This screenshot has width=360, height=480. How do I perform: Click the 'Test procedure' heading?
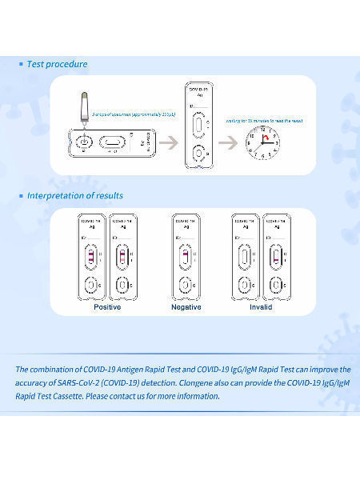coord(57,64)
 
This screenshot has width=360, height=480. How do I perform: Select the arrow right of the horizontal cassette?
coord(167,143)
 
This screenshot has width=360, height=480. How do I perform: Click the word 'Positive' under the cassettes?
coord(107,307)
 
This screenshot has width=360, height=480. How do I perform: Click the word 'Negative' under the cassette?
coord(186,307)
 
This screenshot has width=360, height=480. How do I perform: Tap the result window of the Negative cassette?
coord(186,257)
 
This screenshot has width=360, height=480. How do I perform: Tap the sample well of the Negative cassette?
coord(186,284)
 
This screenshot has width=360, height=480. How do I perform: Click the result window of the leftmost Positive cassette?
coord(90,257)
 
